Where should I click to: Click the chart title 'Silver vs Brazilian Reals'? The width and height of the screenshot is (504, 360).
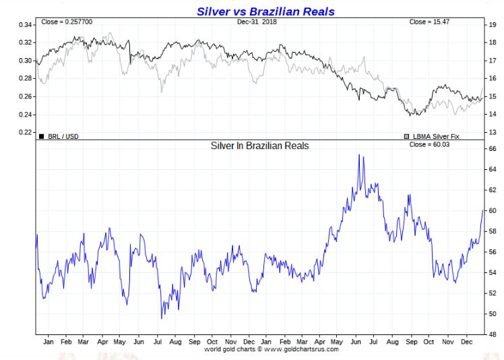tap(265, 11)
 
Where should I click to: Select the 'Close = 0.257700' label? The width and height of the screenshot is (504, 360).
tap(67, 22)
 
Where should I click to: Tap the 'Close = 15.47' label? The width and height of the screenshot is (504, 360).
tap(429, 22)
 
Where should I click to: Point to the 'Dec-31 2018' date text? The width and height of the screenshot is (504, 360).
tap(257, 22)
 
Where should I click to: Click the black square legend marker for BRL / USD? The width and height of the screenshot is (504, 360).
tap(42, 136)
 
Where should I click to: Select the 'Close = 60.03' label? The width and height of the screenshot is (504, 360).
tap(429, 145)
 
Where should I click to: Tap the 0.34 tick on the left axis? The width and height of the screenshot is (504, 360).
tap(24, 25)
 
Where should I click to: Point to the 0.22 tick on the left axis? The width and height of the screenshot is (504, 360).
tap(24, 132)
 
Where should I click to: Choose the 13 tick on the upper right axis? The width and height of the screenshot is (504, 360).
tap(491, 132)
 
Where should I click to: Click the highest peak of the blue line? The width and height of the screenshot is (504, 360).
tap(360, 155)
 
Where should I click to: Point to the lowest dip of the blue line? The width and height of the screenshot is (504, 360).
tap(162, 318)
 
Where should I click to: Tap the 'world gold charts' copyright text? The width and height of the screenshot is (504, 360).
tap(272, 349)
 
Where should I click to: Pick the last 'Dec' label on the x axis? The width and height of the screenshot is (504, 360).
tap(466, 342)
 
